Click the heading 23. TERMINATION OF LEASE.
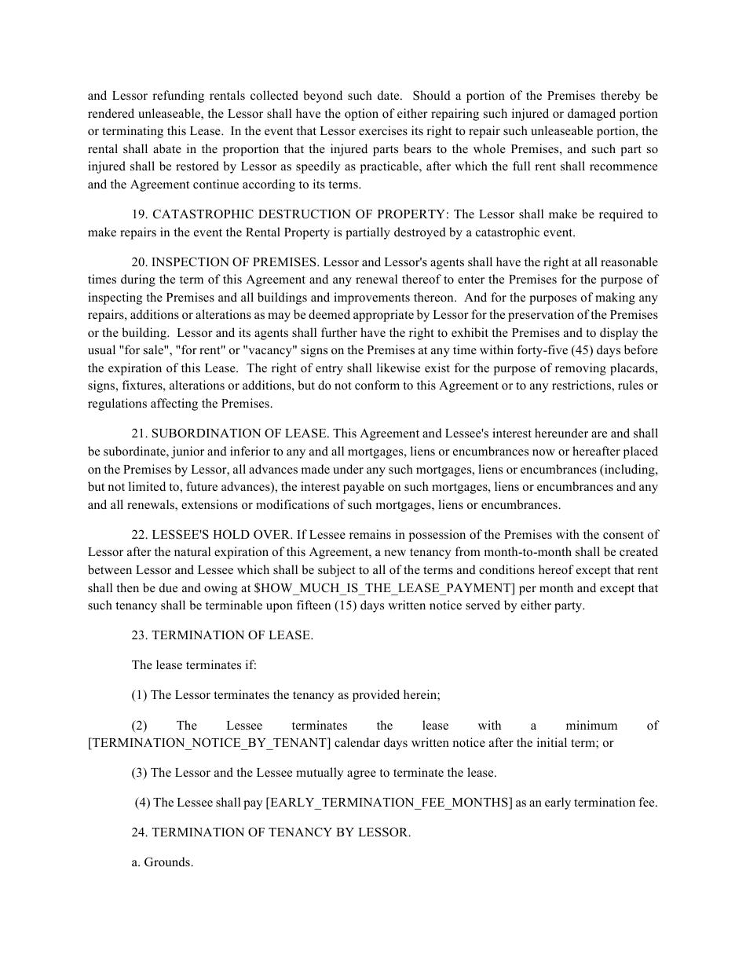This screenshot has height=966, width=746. click(222, 635)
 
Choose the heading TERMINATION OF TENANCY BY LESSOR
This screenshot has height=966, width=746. click(280, 832)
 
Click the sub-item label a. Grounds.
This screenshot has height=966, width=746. click(163, 862)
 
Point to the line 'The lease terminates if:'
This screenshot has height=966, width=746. click(194, 665)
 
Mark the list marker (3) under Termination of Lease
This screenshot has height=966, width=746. click(140, 773)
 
